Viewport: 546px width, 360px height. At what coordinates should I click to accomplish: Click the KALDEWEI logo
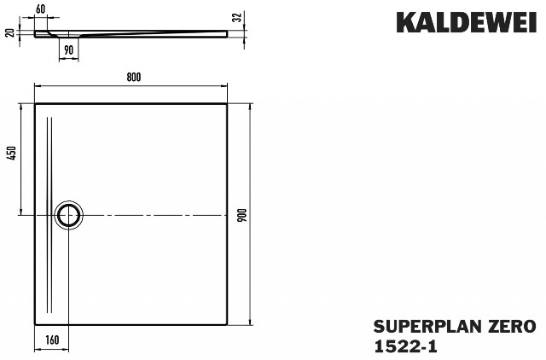[467, 23]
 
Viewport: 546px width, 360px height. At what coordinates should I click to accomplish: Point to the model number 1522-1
[405, 346]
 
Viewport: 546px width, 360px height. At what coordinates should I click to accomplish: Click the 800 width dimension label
[134, 77]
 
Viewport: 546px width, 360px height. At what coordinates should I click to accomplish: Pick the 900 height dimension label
[243, 215]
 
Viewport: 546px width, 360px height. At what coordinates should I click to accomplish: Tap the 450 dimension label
[11, 153]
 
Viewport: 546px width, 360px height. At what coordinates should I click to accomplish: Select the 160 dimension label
[52, 340]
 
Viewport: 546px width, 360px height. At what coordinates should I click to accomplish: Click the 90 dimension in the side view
[68, 50]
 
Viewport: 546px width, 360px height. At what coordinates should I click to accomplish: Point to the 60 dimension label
[40, 9]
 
